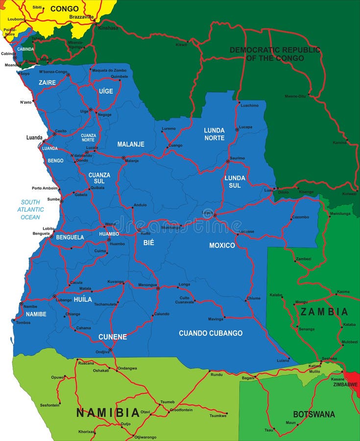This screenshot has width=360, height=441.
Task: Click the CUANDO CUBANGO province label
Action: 210,333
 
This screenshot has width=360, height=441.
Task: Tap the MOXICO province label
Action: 222,245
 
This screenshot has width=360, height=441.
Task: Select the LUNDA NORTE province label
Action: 215,134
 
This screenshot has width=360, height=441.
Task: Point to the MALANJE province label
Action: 131,144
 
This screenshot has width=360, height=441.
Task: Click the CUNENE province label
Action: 113,337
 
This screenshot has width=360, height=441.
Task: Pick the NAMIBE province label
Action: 36,314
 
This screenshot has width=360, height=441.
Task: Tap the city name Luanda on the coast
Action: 34,138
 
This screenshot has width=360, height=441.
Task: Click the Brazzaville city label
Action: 81,16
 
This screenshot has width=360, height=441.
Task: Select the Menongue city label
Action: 147,285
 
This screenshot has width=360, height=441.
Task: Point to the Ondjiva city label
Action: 102,351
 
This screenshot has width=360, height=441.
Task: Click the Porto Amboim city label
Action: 44,188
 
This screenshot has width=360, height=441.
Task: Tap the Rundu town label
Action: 216,375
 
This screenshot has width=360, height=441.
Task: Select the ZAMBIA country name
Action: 324,312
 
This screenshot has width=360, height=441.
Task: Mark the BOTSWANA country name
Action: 314,414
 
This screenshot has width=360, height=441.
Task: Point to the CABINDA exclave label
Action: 25,49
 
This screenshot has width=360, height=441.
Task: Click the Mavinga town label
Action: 216,319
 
